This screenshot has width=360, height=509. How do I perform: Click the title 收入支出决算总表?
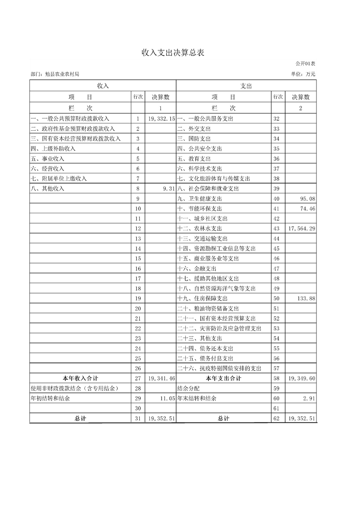click(x=173, y=53)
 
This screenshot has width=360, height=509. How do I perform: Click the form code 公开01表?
click(x=305, y=64)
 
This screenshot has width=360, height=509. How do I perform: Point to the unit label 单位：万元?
click(x=303, y=74)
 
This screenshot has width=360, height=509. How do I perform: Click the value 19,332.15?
click(x=161, y=119)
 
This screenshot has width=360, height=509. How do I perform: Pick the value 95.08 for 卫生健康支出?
click(x=307, y=199)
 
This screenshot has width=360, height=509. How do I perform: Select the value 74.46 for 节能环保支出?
click(x=307, y=209)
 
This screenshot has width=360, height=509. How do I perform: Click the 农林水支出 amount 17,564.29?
click(x=301, y=229)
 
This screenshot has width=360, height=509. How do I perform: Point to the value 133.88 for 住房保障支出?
click(x=306, y=299)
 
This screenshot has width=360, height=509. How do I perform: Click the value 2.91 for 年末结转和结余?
click(x=308, y=398)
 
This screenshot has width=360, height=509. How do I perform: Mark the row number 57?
click(x=276, y=368)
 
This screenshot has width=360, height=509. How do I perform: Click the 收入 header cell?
click(x=103, y=85)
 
